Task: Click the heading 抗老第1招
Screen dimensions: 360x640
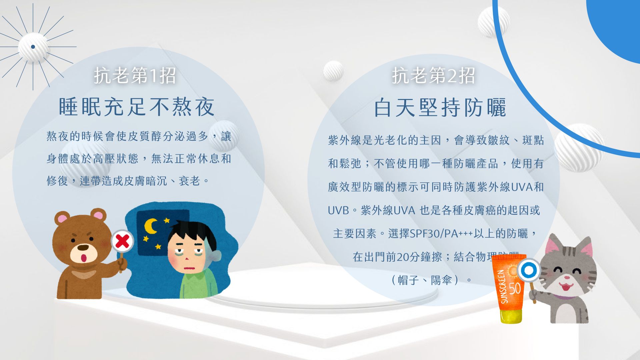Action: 135,75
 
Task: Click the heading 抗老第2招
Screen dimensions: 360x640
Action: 433,75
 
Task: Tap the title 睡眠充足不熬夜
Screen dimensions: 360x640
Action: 136,107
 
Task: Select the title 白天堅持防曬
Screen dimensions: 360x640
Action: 440,108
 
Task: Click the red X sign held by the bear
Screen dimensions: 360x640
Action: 122,241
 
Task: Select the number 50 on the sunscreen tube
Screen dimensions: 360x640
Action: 515,288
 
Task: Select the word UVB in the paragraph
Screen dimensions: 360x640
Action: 338,211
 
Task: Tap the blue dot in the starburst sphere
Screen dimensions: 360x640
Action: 33,47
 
